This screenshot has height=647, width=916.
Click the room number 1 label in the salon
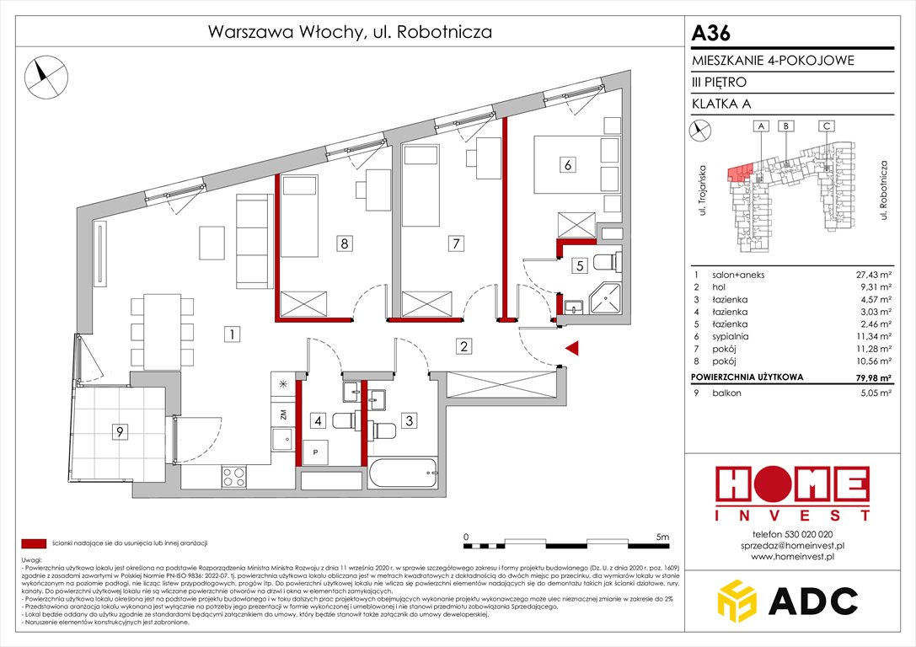229,334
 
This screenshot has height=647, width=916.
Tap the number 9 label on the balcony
121,432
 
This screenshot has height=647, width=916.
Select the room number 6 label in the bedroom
568,165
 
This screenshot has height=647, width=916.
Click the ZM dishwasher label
283,413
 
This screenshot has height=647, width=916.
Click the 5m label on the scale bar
661,536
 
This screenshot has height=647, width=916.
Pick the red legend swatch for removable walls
34,543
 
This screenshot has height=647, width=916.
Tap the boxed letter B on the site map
785,126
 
